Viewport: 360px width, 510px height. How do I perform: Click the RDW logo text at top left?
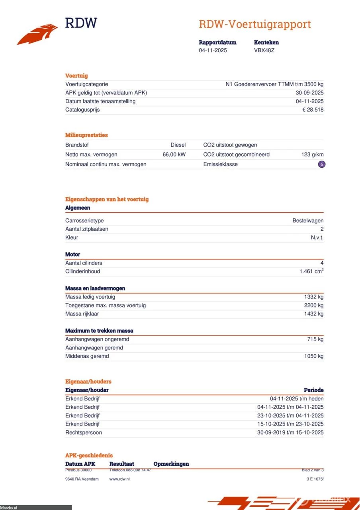point(81,23)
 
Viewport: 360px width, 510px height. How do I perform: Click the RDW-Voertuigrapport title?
point(254,24)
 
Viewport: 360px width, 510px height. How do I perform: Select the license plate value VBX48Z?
point(264,51)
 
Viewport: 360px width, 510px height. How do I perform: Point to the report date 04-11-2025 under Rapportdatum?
point(213,51)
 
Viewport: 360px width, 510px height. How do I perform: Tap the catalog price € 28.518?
point(313,110)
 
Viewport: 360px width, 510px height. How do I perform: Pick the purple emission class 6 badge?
point(321,164)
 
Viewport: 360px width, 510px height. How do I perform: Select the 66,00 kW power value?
point(174,155)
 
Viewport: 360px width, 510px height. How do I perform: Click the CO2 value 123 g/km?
point(312,155)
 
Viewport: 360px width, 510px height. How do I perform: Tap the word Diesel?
point(178,145)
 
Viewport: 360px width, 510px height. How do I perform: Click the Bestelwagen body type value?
point(308,221)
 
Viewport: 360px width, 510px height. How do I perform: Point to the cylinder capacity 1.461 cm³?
point(311,272)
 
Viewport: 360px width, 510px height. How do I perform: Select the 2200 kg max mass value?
point(313,306)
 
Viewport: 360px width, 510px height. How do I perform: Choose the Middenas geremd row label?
point(87,356)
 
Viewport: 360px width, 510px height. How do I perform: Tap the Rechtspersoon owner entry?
point(83,433)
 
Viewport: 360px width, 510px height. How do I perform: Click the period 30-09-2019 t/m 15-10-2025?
point(290,433)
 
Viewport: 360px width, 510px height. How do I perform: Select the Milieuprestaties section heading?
point(86,135)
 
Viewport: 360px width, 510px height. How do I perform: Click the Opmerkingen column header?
point(171,464)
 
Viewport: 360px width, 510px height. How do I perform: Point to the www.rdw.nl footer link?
point(119,479)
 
